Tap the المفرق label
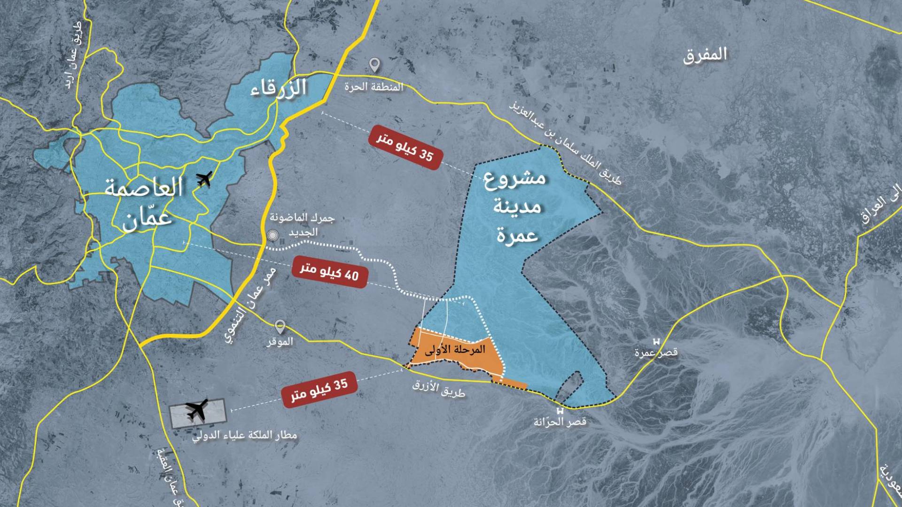pyautogui.click(x=705, y=55)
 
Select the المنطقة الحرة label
pyautogui.click(x=373, y=87)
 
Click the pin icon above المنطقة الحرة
pyautogui.click(x=374, y=64)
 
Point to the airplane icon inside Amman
pyautogui.click(x=204, y=178)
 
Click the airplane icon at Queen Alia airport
pyautogui.click(x=197, y=410)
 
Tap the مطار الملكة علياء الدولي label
pyautogui.click(x=245, y=436)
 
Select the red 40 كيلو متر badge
pyautogui.click(x=329, y=272)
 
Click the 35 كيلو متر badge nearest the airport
pyautogui.click(x=320, y=390)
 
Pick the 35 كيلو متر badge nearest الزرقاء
pyautogui.click(x=406, y=147)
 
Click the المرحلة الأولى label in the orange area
pyautogui.click(x=454, y=350)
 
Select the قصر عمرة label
pyautogui.click(x=656, y=353)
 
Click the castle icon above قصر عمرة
pyautogui.click(x=656, y=341)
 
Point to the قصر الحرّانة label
pyautogui.click(x=560, y=422)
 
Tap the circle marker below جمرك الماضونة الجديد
pyautogui.click(x=272, y=236)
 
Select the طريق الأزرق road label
pyautogui.click(x=439, y=389)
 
